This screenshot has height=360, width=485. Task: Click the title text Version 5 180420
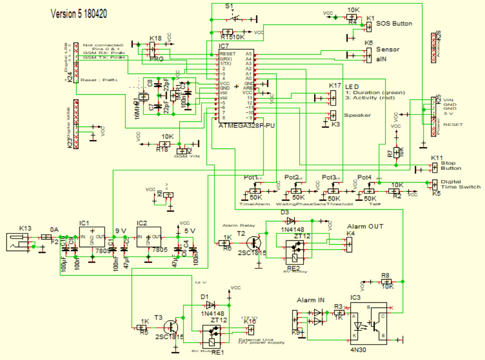79,14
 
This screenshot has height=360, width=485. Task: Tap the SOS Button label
394,24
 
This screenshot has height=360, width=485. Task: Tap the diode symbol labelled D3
291,220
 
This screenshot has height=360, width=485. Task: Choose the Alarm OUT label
365,227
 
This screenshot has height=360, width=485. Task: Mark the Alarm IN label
311,300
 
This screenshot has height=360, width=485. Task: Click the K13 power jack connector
19,242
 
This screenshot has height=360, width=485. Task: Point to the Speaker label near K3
357,115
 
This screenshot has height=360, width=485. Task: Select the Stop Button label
451,165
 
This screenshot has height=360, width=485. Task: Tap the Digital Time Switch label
460,184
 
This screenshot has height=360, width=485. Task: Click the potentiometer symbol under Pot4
369,191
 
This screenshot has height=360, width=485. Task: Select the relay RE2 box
294,252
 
